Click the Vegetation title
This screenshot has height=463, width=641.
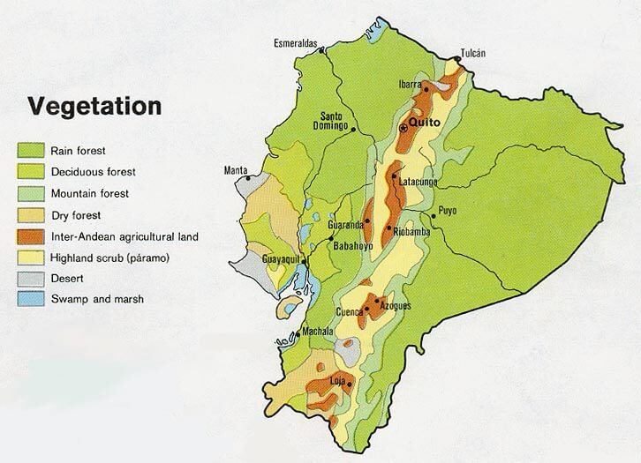[94, 107]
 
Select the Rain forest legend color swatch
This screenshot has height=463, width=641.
[31, 151]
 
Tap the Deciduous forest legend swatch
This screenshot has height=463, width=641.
[31, 172]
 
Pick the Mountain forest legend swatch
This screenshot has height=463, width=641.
[31, 193]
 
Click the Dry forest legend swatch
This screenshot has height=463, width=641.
[31, 214]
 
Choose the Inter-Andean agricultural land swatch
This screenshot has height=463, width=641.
[31, 236]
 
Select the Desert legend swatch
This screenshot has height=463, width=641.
[31, 279]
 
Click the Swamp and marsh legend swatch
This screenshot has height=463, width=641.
[31, 300]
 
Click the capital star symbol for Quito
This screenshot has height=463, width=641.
[404, 129]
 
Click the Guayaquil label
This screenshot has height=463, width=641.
[282, 260]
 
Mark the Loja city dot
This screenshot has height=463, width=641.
[351, 384]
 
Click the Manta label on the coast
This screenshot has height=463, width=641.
[236, 170]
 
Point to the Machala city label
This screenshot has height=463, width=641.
[316, 332]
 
